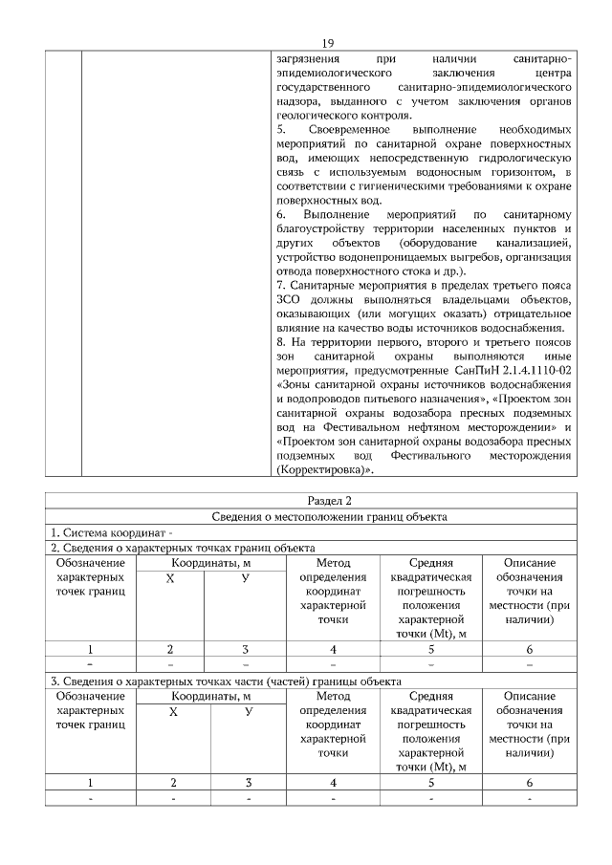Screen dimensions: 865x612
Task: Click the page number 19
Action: click(327, 43)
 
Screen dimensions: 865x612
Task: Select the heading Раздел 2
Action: click(329, 500)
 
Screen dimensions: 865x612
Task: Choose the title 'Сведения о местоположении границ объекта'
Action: click(329, 516)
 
